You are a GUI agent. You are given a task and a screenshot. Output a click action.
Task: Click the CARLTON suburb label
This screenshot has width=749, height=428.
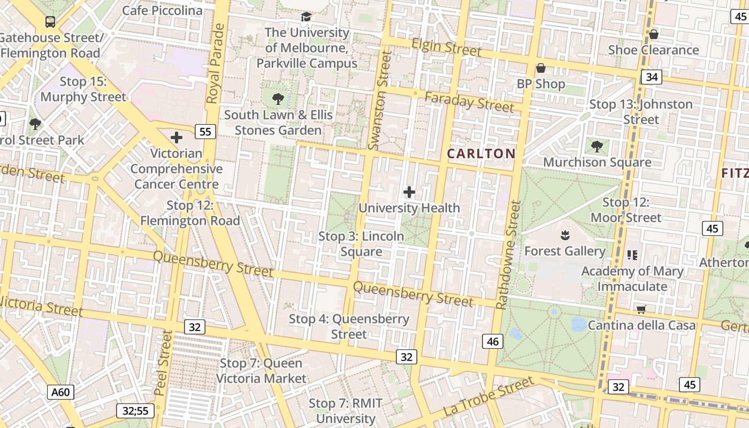[x=481, y=154]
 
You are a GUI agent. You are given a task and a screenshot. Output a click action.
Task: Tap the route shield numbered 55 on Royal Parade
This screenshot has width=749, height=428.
[x=205, y=132]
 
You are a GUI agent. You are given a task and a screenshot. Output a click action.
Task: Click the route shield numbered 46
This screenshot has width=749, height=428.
[x=493, y=341]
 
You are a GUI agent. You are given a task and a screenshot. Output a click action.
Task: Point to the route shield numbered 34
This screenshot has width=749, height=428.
[x=651, y=77]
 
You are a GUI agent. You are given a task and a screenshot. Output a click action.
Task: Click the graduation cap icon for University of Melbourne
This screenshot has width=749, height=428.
[x=306, y=17]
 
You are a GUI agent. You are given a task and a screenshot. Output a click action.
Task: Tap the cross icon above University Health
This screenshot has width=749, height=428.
[x=409, y=192]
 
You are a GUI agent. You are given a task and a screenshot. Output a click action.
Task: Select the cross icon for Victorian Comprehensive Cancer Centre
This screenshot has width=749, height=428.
[x=177, y=137]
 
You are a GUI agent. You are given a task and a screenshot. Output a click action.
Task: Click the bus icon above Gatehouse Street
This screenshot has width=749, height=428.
[x=50, y=22]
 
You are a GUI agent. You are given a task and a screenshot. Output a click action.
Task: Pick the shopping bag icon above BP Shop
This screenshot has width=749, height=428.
[x=540, y=68]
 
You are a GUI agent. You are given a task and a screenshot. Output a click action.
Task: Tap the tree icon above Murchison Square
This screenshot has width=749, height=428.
[x=597, y=146]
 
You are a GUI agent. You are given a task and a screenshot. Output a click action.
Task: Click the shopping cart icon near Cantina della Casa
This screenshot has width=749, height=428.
[x=641, y=309]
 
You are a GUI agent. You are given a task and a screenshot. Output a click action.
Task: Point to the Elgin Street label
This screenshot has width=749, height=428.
[x=447, y=48]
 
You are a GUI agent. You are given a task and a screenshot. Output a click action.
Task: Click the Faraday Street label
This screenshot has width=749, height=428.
[x=469, y=102]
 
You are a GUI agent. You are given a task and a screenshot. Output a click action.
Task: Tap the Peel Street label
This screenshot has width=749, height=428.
[x=163, y=363]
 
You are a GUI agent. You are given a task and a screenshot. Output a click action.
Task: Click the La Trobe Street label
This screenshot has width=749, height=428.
[x=488, y=396]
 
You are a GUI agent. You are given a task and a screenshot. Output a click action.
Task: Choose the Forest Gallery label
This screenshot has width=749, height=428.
[x=564, y=251]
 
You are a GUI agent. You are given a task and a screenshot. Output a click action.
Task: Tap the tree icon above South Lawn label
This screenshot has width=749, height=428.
[x=278, y=98]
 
